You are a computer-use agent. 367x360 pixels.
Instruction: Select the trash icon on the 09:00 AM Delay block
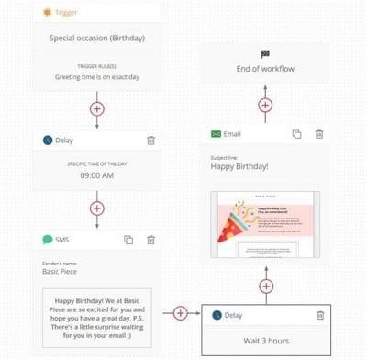click(x=151, y=141)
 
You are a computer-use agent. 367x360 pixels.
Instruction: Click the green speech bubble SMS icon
click(x=48, y=240)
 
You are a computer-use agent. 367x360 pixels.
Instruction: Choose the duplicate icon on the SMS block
click(x=128, y=240)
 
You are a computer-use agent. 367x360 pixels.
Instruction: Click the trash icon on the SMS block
click(x=151, y=240)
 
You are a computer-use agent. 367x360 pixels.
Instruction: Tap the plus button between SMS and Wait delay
click(x=180, y=313)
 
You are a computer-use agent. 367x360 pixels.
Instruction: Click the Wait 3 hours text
click(x=265, y=340)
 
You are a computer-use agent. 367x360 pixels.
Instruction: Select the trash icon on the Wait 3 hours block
click(x=319, y=315)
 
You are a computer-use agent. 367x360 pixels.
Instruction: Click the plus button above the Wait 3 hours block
click(x=265, y=287)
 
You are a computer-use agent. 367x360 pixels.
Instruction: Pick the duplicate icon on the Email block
click(x=295, y=134)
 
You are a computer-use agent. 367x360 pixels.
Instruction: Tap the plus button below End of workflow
click(x=265, y=105)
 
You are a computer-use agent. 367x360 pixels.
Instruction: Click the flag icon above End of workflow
click(x=265, y=54)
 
